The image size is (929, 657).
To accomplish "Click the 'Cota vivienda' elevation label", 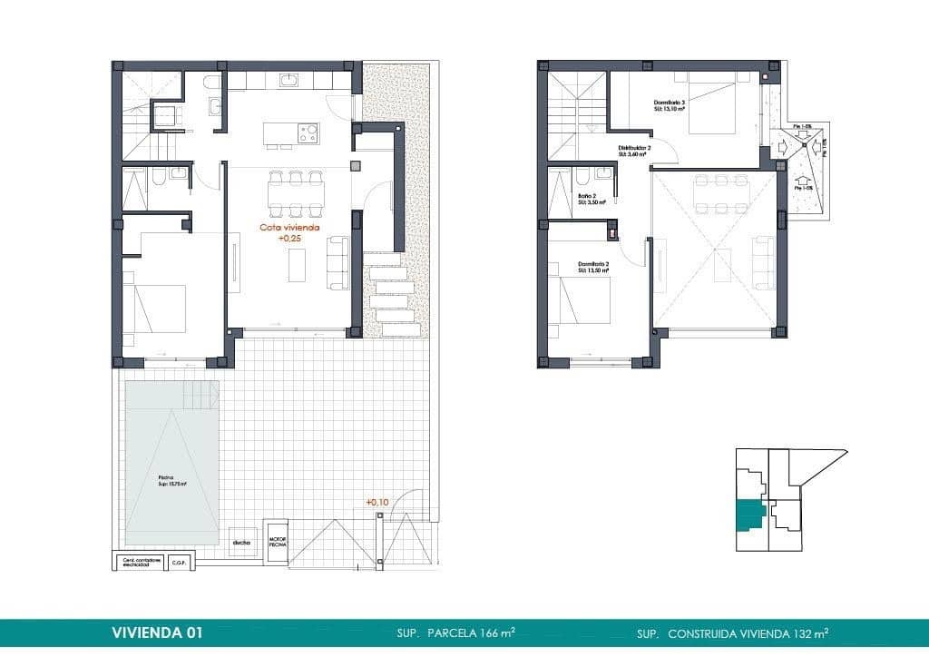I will pyautogui.click(x=289, y=229).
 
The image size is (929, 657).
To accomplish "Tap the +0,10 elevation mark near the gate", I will pyautogui.click(x=378, y=502).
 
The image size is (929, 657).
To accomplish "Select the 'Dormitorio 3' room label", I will pyautogui.click(x=670, y=105).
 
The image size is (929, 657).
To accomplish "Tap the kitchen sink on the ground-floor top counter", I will pyautogui.click(x=288, y=82).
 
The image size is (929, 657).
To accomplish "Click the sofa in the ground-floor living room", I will pyautogui.click(x=337, y=262).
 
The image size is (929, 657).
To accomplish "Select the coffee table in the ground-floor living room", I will pyautogui.click(x=298, y=265).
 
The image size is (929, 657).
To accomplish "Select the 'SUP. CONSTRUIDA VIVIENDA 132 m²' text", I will pyautogui.click(x=732, y=632).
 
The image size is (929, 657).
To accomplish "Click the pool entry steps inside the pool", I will pyautogui.click(x=201, y=395).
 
